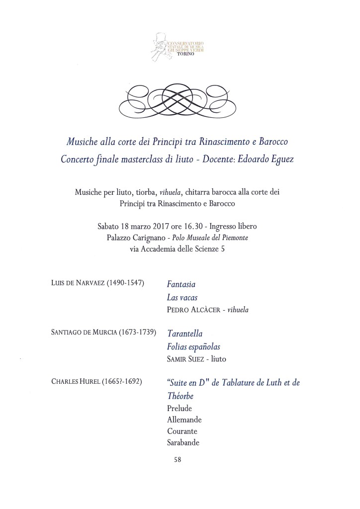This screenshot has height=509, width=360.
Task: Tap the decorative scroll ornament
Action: coord(180,98)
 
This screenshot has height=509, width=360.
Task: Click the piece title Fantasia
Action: coord(181,285)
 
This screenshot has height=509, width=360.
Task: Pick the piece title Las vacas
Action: coord(182,297)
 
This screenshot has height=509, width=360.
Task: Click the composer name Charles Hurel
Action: coord(75,382)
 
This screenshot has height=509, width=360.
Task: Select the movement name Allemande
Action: coord(184,420)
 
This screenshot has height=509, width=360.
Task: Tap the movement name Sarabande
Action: coord(183,443)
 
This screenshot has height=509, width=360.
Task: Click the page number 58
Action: coord(178,460)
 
